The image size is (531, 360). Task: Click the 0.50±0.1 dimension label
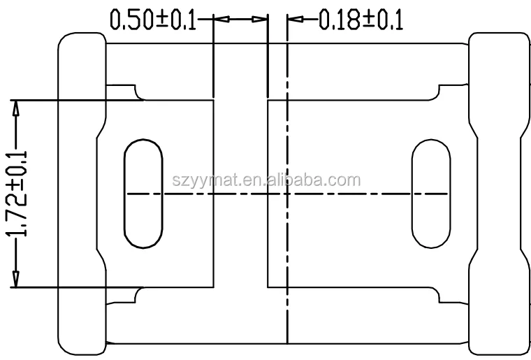tap(152, 19)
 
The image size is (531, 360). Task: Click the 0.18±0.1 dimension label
tap(361, 20)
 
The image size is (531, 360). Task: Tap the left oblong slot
tap(143, 192)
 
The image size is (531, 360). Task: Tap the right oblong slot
tap(430, 192)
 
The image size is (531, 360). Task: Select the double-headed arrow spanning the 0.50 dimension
tap(241, 20)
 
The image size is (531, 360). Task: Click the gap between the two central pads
tap(241, 193)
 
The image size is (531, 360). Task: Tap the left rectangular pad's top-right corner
tap(213, 99)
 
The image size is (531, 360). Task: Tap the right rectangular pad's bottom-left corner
tap(269, 287)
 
